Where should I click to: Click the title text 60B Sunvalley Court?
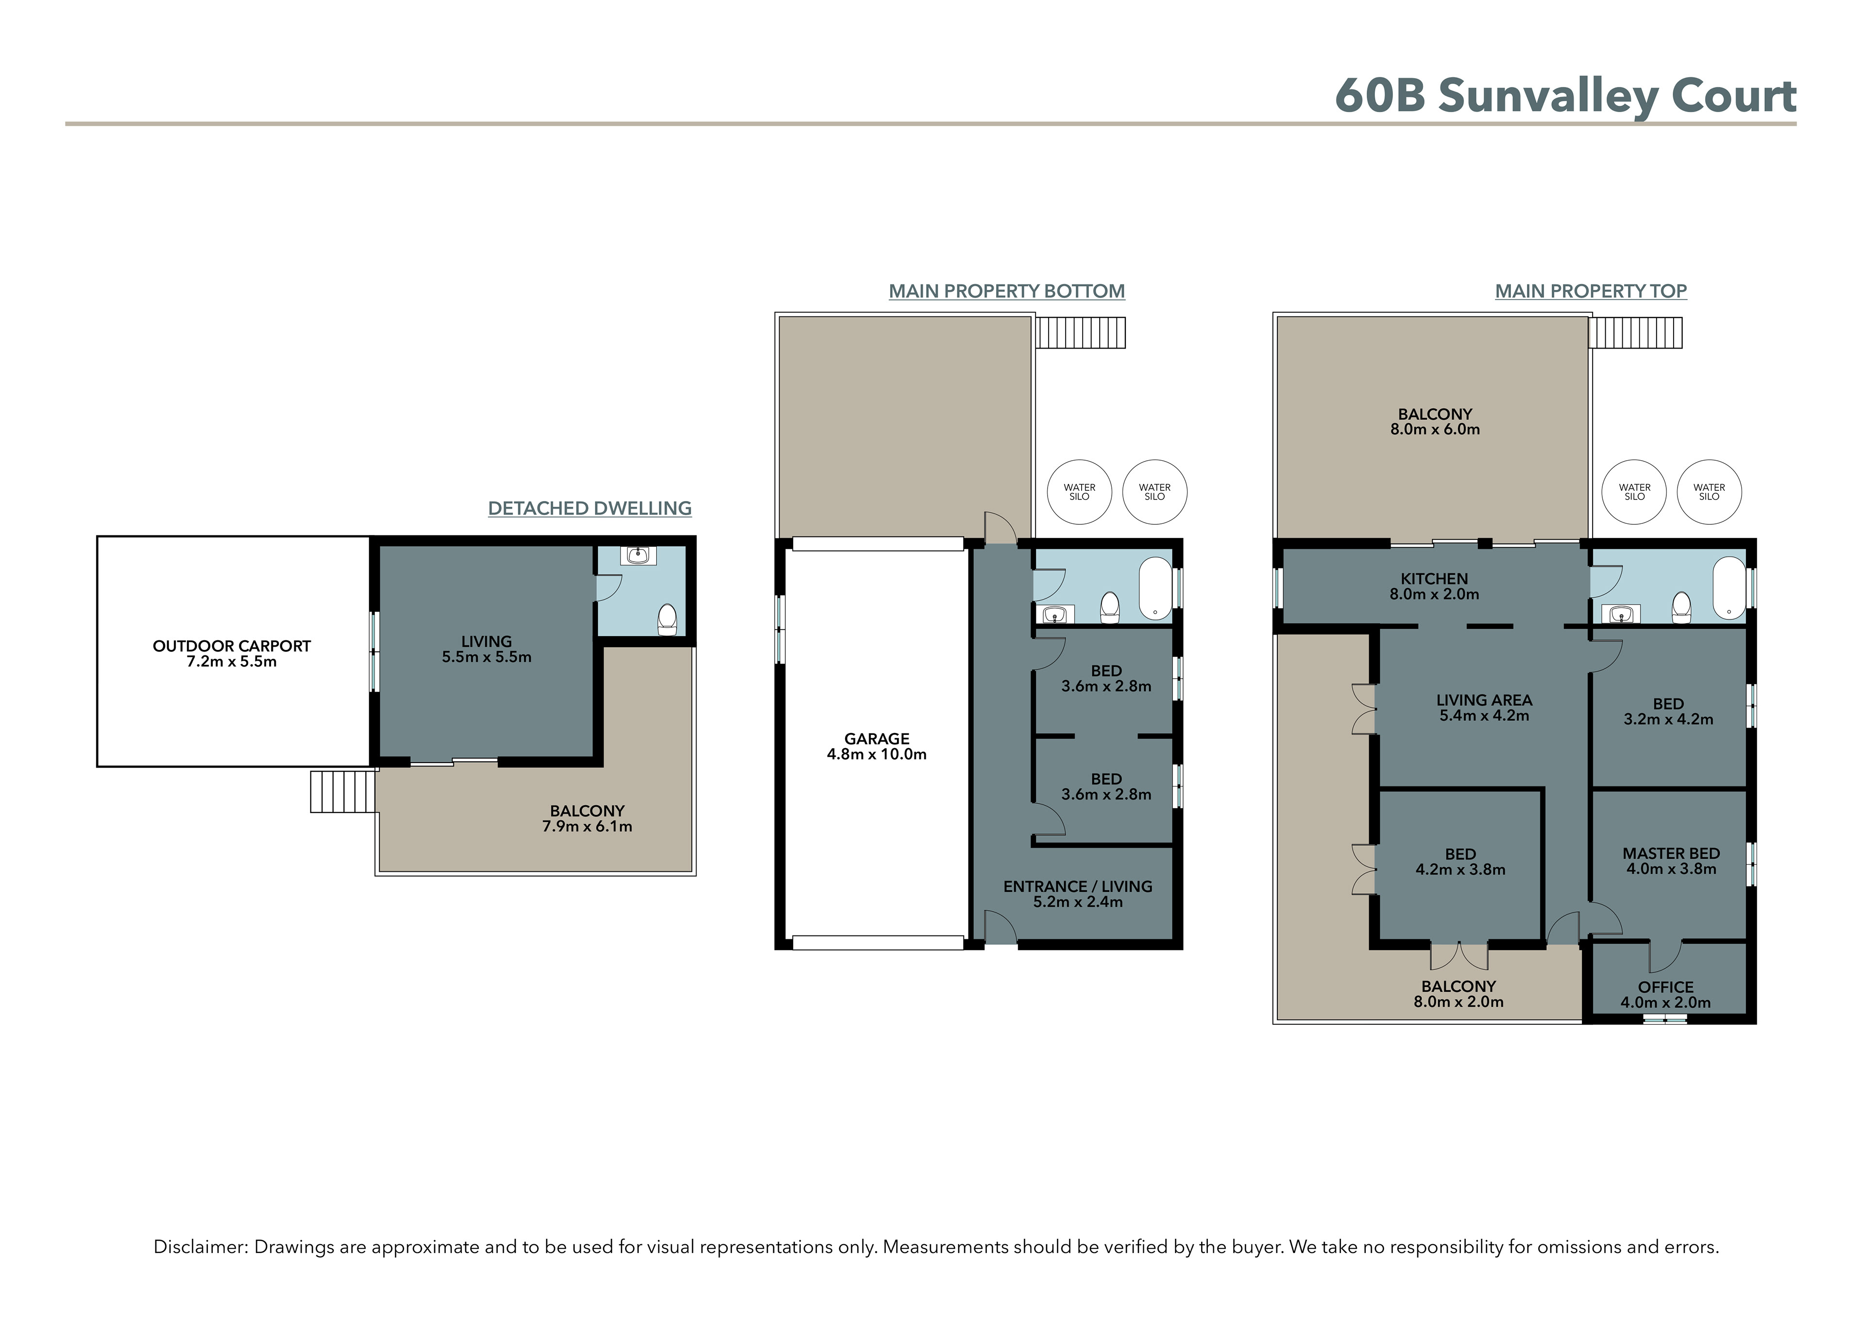tap(1565, 97)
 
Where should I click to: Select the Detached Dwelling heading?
tap(590, 508)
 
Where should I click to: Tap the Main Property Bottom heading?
tap(1006, 291)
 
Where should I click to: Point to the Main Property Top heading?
tap(1591, 291)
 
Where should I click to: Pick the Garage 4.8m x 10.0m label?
tap(877, 746)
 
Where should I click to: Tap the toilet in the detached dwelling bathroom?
tap(667, 618)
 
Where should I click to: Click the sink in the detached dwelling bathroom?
tap(639, 555)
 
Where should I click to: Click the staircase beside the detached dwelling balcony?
tap(343, 792)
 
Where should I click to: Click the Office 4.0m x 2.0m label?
tap(1665, 995)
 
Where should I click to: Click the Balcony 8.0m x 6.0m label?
tap(1435, 421)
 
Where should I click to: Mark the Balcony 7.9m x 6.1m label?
tap(587, 818)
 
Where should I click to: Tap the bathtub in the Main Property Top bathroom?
tap(1729, 588)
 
